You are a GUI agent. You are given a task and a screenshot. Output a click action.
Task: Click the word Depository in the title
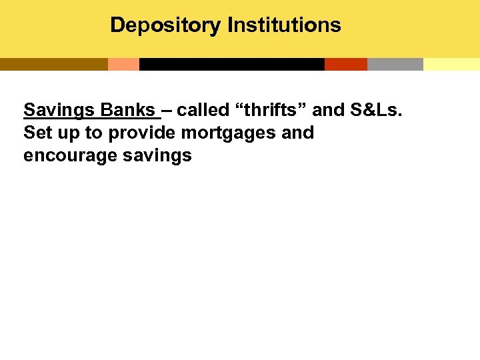(x=166, y=25)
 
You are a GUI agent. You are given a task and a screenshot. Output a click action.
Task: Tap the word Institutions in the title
(x=284, y=25)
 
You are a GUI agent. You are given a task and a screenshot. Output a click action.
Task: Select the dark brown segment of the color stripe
(x=53, y=64)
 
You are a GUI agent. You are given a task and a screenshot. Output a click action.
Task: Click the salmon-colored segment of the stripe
(x=123, y=64)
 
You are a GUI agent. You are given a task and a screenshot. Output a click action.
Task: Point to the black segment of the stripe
(x=231, y=64)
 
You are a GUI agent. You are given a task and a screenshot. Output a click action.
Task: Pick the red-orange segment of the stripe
(x=345, y=64)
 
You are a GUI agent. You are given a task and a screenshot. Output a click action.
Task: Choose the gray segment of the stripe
(x=395, y=64)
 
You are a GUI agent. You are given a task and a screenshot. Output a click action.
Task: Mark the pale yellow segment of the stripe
(x=451, y=64)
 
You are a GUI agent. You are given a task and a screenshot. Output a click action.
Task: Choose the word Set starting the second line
(x=37, y=132)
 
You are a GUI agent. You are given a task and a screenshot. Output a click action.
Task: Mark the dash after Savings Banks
(x=167, y=110)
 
